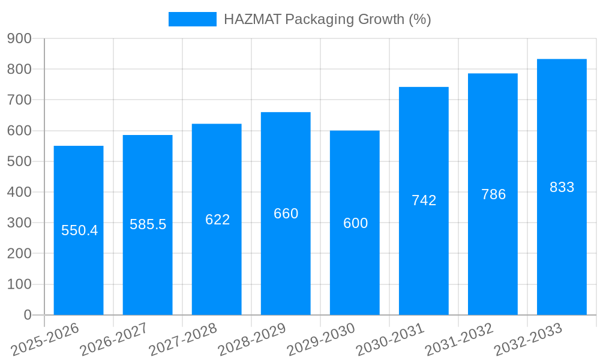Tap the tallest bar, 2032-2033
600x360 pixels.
[562, 252]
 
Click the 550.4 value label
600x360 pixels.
[79, 230]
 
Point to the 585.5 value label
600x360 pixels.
[148, 224]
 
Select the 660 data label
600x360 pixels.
[286, 214]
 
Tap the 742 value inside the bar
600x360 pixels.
[424, 200]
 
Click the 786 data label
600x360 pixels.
[493, 194]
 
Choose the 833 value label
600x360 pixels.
[562, 187]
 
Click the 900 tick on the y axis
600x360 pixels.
[19, 38]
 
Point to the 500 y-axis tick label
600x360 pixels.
[19, 161]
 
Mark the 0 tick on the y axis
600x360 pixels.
[28, 315]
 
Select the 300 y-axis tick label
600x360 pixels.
[19, 223]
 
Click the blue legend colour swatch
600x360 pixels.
[192, 19]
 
